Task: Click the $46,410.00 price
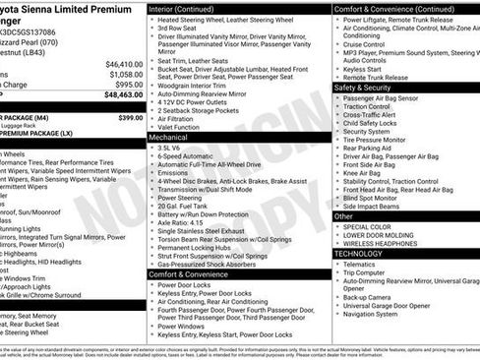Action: tap(124, 62)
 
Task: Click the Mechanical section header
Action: tap(169, 138)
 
